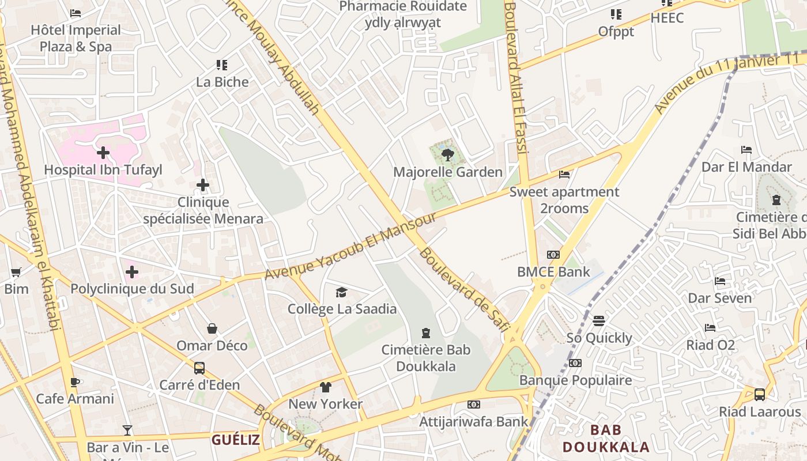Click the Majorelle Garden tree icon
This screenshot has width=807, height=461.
pos(447,155)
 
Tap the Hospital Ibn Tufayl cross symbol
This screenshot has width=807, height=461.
pos(103,153)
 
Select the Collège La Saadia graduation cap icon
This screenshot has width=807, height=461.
pos(342,292)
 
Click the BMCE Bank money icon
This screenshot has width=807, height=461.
pos(553,255)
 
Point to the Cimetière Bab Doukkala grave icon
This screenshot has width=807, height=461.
pos(426,332)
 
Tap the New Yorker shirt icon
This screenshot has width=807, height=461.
pos(326,387)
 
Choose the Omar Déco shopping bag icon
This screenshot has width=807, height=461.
pos(212,328)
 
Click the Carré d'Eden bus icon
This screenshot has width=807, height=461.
pos(199,368)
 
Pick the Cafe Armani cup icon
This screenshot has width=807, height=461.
pos(75,382)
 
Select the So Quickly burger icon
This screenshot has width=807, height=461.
pos(599,321)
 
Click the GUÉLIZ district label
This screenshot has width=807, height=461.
pos(235,440)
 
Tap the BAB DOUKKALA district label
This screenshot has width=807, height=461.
pos(606,438)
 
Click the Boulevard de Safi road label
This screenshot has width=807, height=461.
pos(465,289)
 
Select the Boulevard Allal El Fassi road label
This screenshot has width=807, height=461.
pos(516,78)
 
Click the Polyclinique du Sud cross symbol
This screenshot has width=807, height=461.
pos(132,272)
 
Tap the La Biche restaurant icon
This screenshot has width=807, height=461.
pos(222,65)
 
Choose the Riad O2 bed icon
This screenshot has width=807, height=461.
pos(710,328)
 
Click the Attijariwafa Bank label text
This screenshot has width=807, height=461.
pos(473,421)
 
